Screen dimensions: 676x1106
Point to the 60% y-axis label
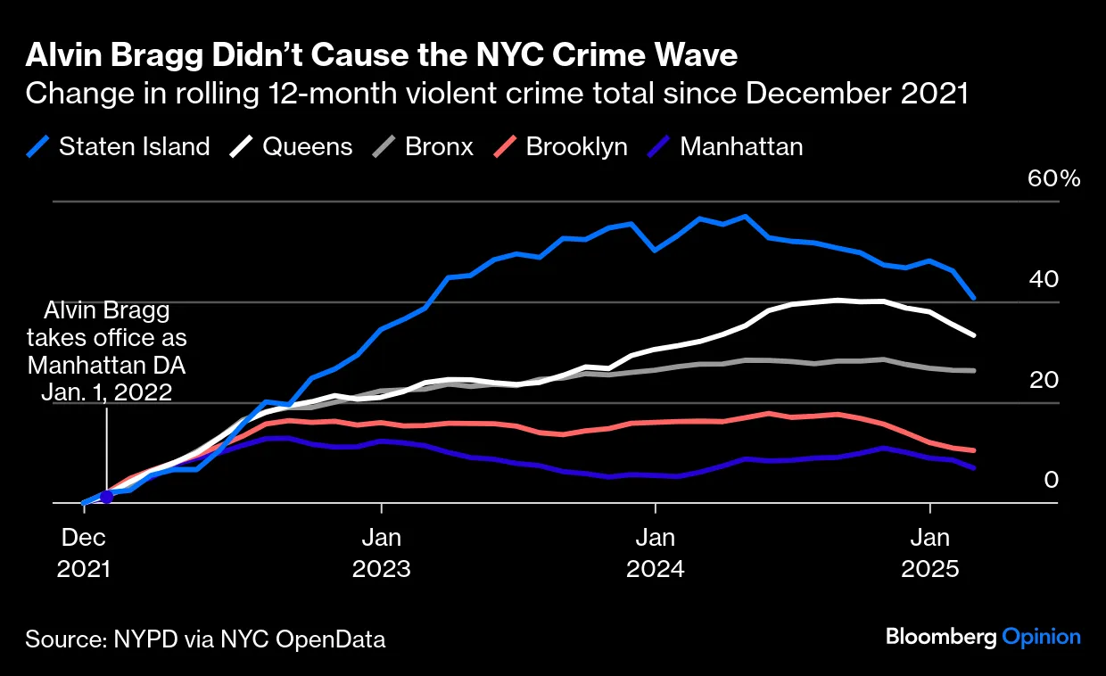click(x=1053, y=178)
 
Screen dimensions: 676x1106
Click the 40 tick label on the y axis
click(x=1044, y=279)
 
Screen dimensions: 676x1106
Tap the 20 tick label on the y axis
click(x=1044, y=380)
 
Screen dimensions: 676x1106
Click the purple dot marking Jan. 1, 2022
click(x=107, y=497)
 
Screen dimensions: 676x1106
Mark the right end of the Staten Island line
click(x=974, y=298)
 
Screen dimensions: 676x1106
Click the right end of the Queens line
click(x=974, y=335)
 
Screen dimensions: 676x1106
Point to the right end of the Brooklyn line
click(x=974, y=450)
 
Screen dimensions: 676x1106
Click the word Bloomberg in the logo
click(x=940, y=637)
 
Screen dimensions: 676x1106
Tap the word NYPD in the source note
click(x=142, y=639)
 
